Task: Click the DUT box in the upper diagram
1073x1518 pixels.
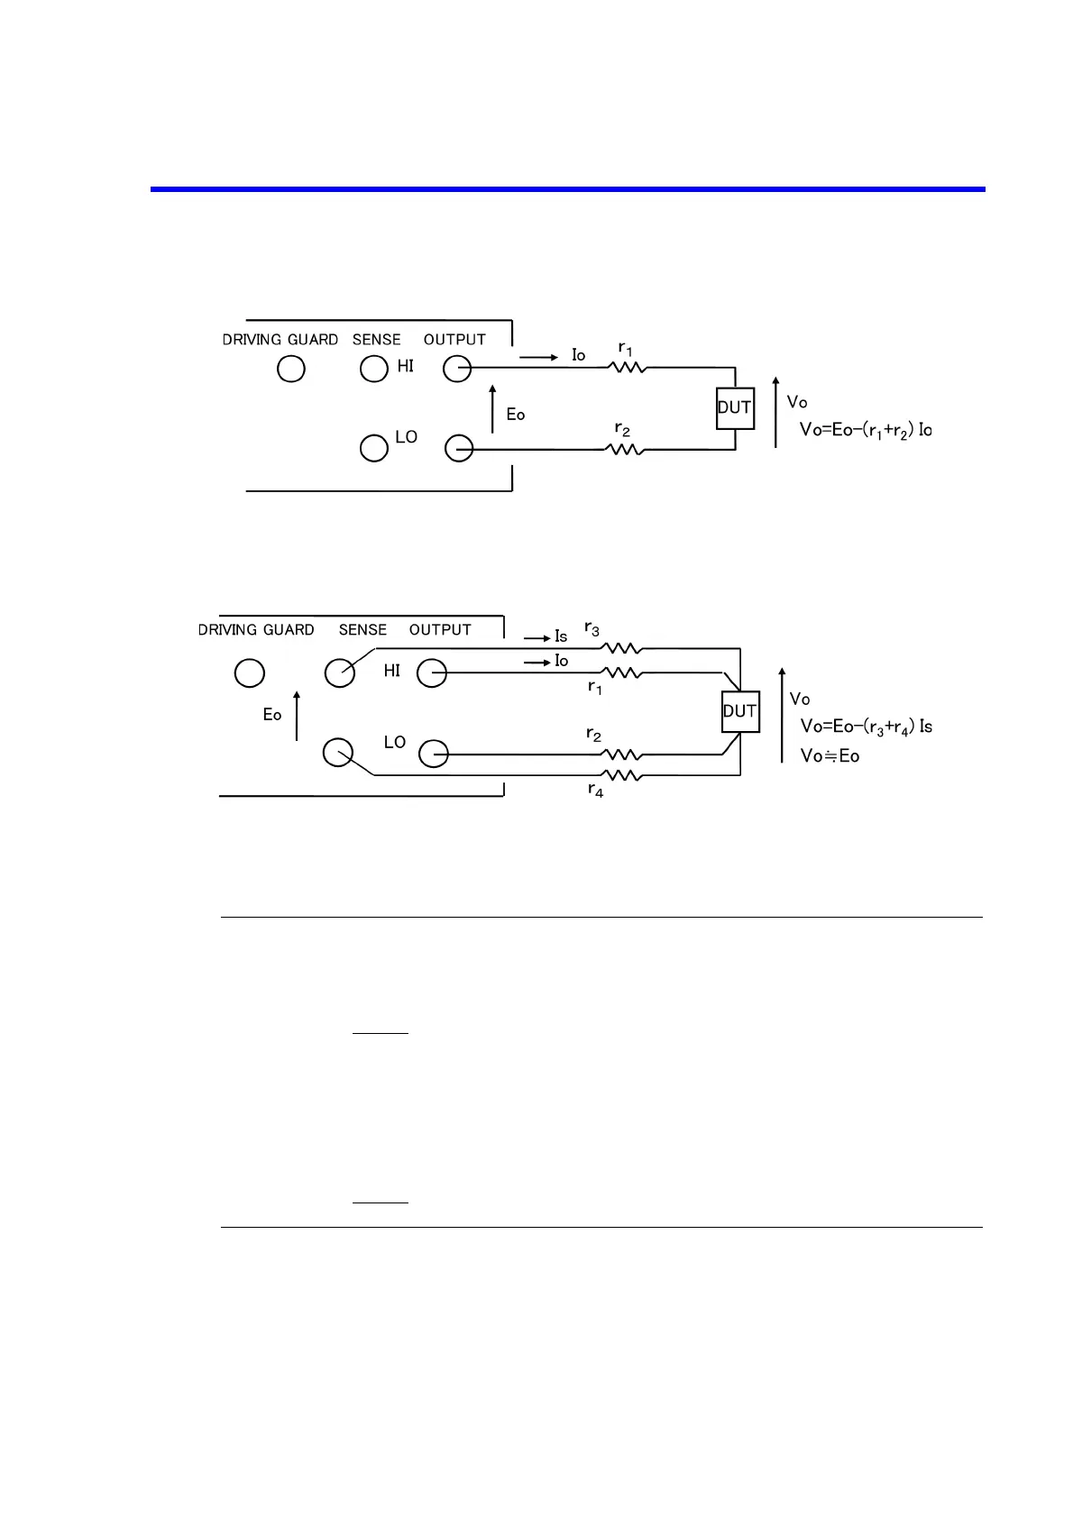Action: click(735, 408)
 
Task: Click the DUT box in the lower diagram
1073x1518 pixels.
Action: click(740, 711)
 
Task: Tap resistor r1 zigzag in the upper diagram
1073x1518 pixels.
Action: click(628, 367)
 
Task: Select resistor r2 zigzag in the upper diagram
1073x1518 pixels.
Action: click(624, 449)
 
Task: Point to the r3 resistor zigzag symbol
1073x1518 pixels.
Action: click(621, 648)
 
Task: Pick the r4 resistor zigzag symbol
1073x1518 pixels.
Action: click(621, 775)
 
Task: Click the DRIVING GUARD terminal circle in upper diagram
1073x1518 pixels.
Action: click(290, 369)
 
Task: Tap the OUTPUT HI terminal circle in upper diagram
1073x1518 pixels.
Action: click(457, 369)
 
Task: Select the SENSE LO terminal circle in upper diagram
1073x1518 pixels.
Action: click(373, 448)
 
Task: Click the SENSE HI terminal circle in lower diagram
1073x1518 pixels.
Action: click(339, 672)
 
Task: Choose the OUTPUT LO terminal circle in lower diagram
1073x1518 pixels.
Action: click(434, 754)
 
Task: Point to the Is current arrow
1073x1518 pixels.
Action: click(537, 638)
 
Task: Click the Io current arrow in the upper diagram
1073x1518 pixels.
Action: click(539, 358)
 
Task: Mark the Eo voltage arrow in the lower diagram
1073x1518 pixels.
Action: click(297, 716)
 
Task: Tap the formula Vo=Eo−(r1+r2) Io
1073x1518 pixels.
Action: click(866, 430)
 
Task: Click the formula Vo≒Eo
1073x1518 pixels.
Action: click(830, 756)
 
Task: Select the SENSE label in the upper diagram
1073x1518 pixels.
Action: click(376, 340)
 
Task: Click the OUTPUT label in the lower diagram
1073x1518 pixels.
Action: click(440, 630)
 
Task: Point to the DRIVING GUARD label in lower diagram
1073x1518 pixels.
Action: click(256, 630)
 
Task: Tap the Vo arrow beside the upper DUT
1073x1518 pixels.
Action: click(775, 412)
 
